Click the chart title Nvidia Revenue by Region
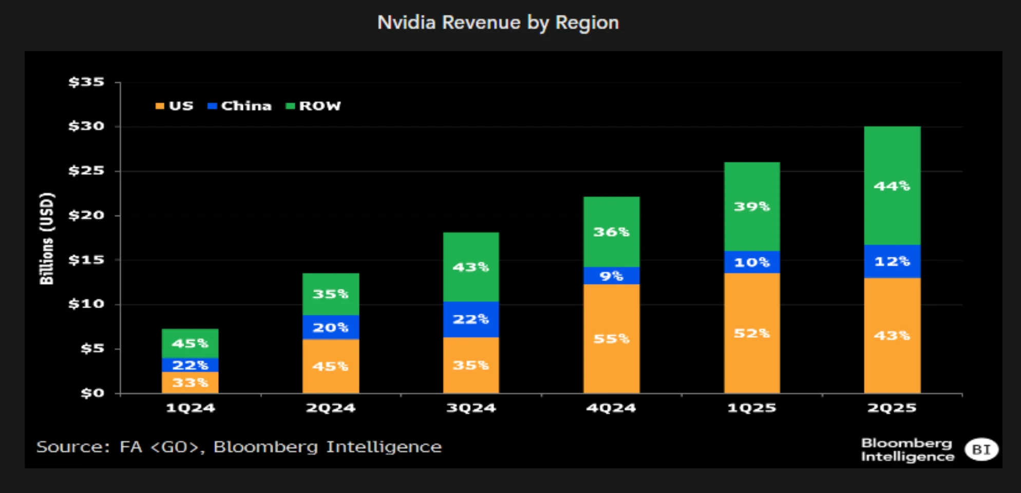tap(498, 23)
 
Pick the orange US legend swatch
tap(160, 106)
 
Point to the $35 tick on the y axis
tap(86, 82)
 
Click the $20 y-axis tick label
tap(86, 215)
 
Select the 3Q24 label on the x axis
tap(471, 408)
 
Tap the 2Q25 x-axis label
tap(892, 408)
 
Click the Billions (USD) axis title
tap(47, 238)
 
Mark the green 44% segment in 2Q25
tap(892, 186)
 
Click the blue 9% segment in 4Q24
tap(611, 276)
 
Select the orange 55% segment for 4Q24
tap(611, 339)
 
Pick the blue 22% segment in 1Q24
tap(190, 365)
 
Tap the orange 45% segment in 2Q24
tap(330, 367)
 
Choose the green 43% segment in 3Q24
tap(471, 267)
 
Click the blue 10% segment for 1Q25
tap(752, 262)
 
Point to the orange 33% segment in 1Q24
tap(190, 383)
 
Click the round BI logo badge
tap(981, 449)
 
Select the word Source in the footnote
tap(72, 447)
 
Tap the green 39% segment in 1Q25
tap(752, 206)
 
